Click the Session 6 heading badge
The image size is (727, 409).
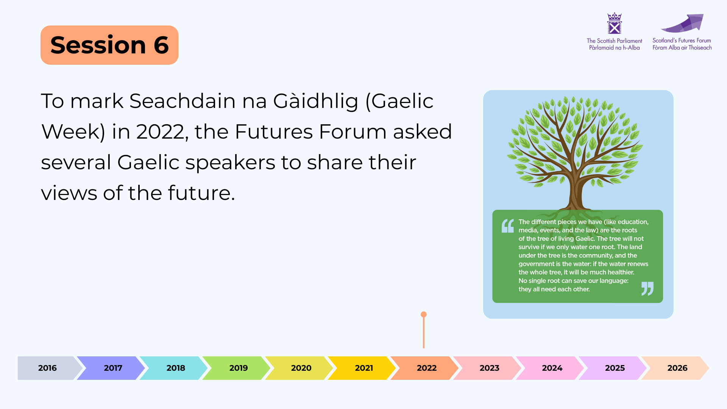[109, 45]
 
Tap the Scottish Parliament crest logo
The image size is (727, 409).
[614, 23]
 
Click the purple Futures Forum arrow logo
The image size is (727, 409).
[682, 23]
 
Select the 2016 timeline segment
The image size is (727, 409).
[50, 368]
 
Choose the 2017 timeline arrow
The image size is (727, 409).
[111, 368]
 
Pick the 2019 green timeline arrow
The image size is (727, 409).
[237, 368]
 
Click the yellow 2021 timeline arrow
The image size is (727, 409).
[362, 368]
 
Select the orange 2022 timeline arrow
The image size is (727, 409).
[425, 368]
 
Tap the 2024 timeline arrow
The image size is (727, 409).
[550, 368]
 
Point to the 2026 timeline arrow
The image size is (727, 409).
[676, 368]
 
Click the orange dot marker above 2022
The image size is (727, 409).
[424, 314]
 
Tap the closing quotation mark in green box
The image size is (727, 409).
[647, 289]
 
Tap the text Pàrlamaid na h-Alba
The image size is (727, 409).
[614, 48]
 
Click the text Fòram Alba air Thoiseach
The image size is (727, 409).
[682, 48]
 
